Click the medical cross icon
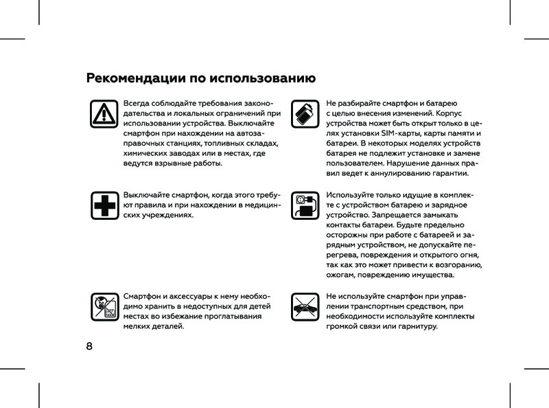pos(104,204)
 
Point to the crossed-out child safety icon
pos(104,306)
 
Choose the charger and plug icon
pos(303,204)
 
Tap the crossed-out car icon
pos(303,306)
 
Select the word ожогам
pos(342,275)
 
